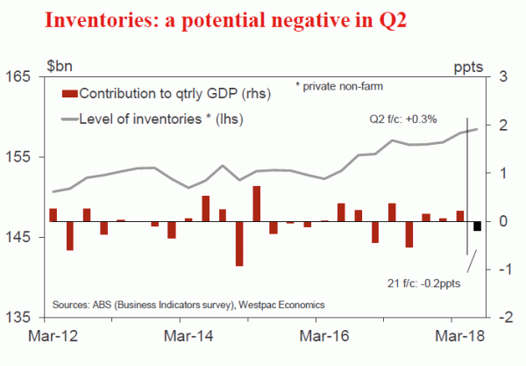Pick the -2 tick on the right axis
pyautogui.click(x=508, y=318)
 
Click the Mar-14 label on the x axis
pyautogui.click(x=188, y=335)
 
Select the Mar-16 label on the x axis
pyautogui.click(x=322, y=335)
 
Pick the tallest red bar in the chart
pyautogui.click(x=256, y=204)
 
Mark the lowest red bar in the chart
pyautogui.click(x=239, y=243)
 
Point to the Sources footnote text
pyautogui.click(x=188, y=305)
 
